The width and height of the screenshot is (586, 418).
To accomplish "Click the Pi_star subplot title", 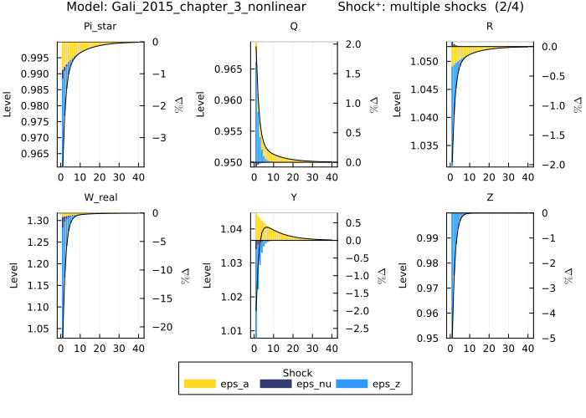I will (x=99, y=27).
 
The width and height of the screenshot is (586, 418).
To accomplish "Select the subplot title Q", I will (x=293, y=27).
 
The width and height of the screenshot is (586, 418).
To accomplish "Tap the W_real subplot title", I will (x=99, y=198).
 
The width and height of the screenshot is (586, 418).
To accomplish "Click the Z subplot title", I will (x=490, y=198).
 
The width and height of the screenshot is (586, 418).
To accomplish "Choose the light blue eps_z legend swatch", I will (x=353, y=384).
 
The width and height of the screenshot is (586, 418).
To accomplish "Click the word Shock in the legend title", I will (x=297, y=372).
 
